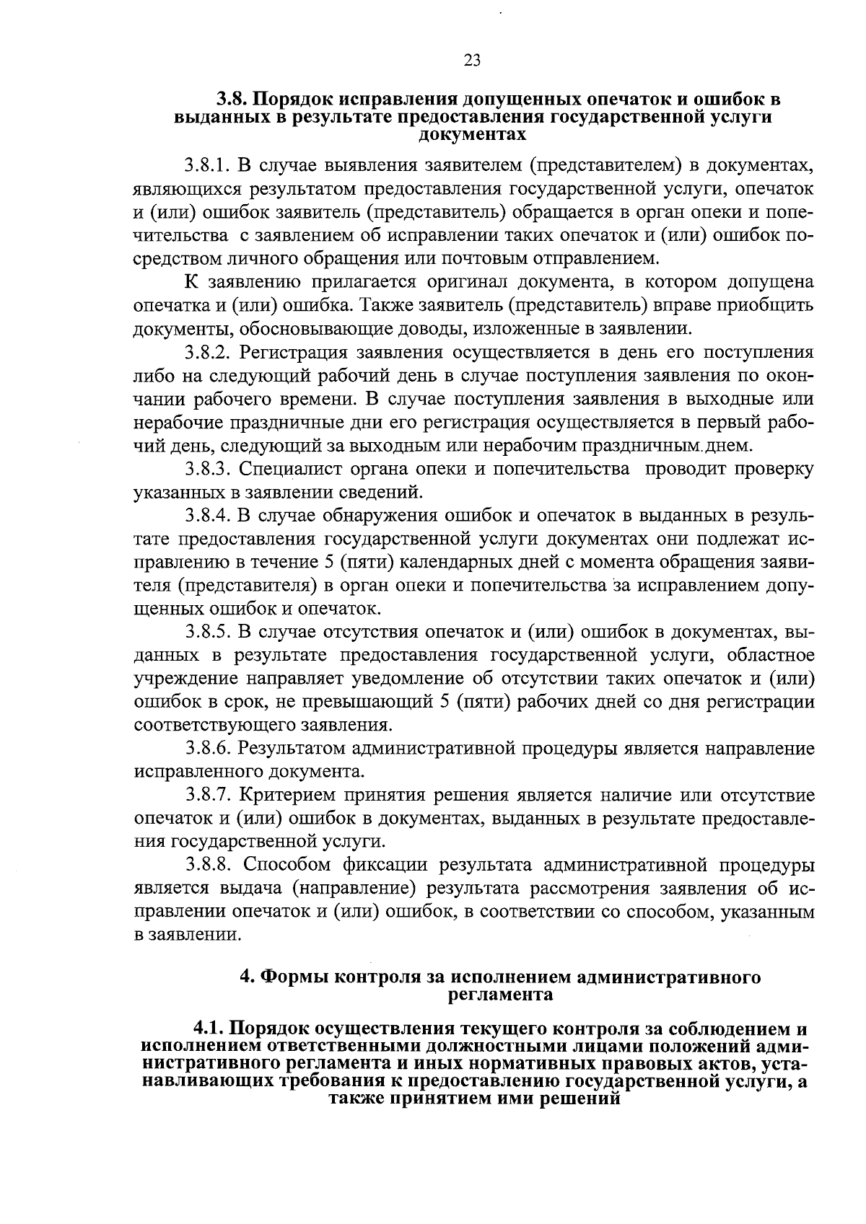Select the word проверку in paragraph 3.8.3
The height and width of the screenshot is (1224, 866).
click(x=773, y=470)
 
